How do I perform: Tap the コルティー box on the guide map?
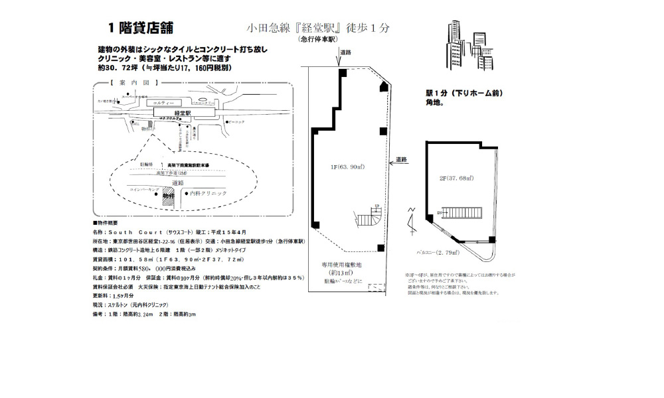click(x=163, y=104)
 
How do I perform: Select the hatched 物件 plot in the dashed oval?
click(x=169, y=198)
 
